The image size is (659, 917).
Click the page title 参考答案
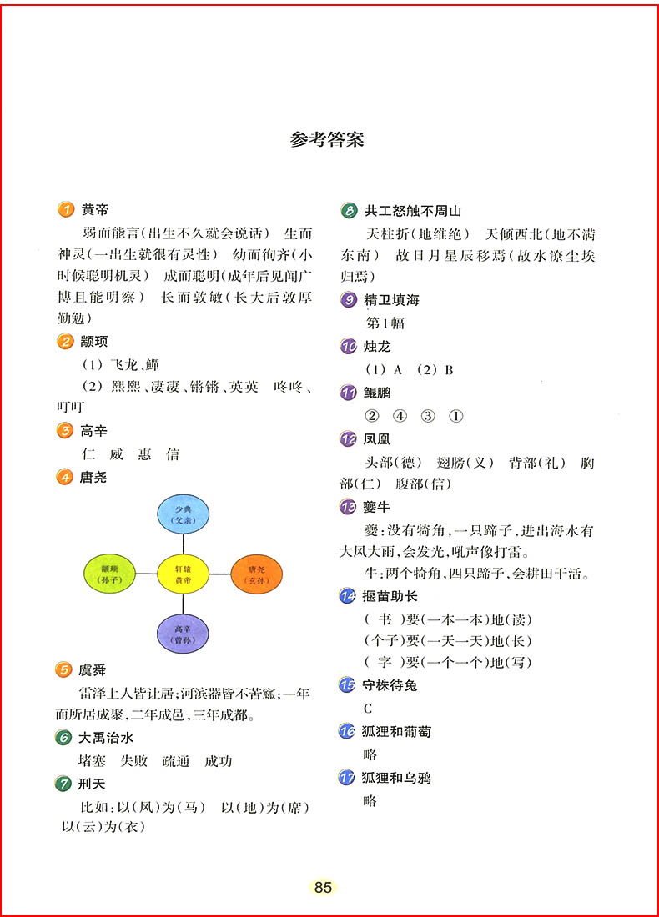[327, 140]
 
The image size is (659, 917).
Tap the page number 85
[324, 887]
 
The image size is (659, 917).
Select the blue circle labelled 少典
[184, 515]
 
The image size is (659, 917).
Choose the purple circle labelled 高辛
[184, 633]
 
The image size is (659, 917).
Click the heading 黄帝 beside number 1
[95, 210]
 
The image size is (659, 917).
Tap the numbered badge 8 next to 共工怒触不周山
[349, 211]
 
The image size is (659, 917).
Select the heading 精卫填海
[390, 300]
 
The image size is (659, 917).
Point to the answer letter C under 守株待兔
[368, 709]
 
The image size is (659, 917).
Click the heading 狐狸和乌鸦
[397, 778]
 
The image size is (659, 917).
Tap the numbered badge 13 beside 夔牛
[349, 506]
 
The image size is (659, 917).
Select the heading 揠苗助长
[390, 596]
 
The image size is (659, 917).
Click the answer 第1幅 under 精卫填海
[386, 323]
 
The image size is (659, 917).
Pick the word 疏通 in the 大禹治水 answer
[176, 760]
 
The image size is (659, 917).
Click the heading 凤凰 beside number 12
[377, 438]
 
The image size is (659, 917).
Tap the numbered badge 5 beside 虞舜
[64, 669]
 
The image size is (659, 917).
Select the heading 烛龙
[377, 346]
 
